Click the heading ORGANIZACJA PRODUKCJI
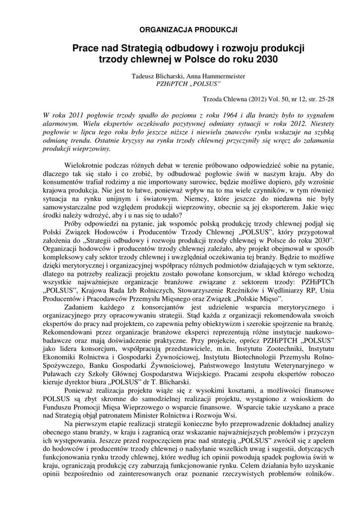(x=188, y=30)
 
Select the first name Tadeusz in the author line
(x=144, y=76)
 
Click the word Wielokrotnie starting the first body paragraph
(x=86, y=165)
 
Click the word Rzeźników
(x=248, y=290)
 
